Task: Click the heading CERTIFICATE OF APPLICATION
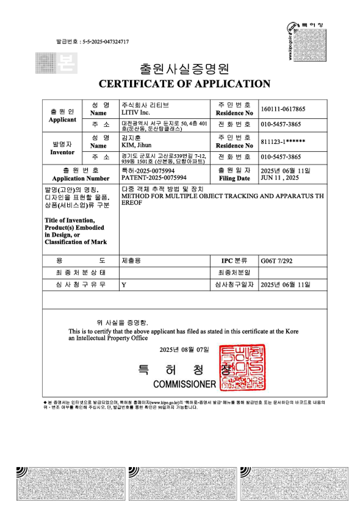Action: pos(184,84)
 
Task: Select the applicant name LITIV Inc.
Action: pos(136,113)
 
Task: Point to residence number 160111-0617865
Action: pos(283,109)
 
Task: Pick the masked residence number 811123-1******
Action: pos(283,141)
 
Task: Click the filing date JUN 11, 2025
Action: pos(279,178)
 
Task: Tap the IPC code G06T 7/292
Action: pos(276,260)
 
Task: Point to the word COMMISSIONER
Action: pos(184,385)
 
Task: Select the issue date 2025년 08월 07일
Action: pos(184,349)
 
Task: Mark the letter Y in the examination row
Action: pos(124,285)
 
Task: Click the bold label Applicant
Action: pos(62,120)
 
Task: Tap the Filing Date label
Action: pos(234,178)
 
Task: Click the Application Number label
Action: pos(81,178)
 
